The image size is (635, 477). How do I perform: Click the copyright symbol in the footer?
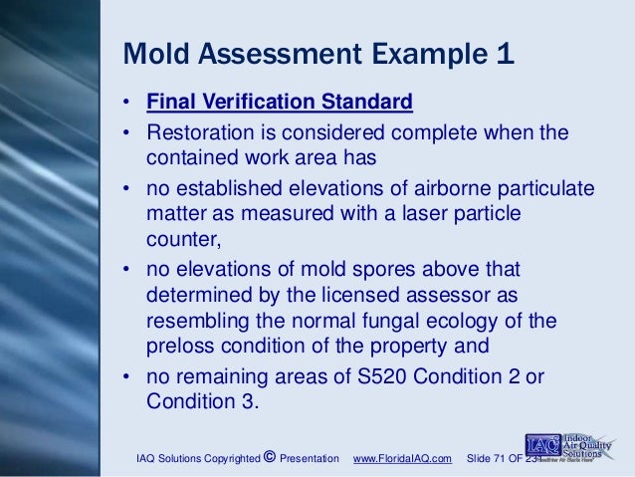pyautogui.click(x=270, y=457)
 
